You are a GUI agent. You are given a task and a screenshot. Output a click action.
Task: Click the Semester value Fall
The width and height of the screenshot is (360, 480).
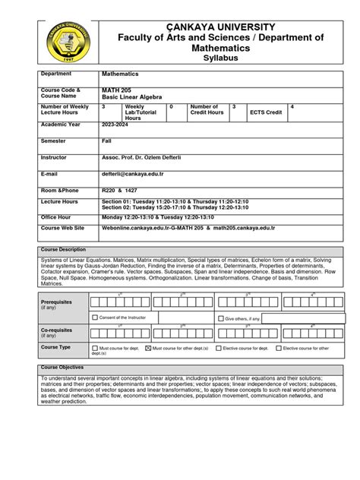(x=107, y=141)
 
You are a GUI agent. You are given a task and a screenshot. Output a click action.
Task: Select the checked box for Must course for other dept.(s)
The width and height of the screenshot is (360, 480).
(x=147, y=349)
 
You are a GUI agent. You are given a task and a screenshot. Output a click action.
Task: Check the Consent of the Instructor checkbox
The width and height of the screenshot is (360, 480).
(x=95, y=317)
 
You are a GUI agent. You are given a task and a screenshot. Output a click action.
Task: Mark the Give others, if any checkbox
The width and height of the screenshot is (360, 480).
(x=221, y=319)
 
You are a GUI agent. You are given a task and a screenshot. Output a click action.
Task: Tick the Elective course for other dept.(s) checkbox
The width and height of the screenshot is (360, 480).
(x=278, y=349)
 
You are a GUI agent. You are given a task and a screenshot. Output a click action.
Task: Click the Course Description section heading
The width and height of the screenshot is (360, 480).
(x=65, y=250)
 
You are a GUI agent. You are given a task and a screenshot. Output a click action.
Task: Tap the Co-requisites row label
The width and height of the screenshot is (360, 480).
(x=56, y=330)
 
